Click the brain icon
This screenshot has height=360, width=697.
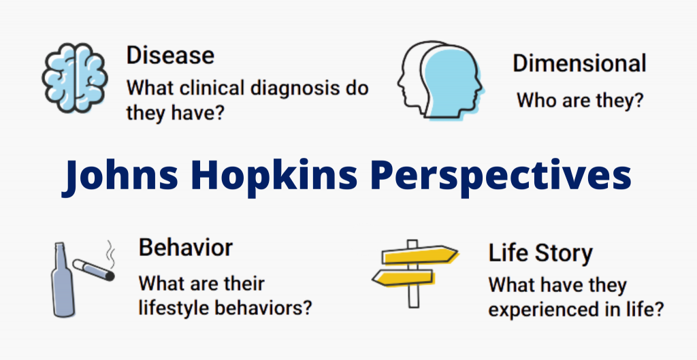[x=74, y=78]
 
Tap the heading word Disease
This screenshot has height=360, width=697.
[x=170, y=56]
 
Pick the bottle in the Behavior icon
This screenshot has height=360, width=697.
[x=62, y=280]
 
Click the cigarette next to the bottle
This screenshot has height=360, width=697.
[x=94, y=269]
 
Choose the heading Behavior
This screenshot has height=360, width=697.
[x=185, y=247]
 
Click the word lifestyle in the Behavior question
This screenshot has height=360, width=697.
[x=175, y=308]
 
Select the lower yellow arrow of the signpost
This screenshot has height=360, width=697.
[x=403, y=278]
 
